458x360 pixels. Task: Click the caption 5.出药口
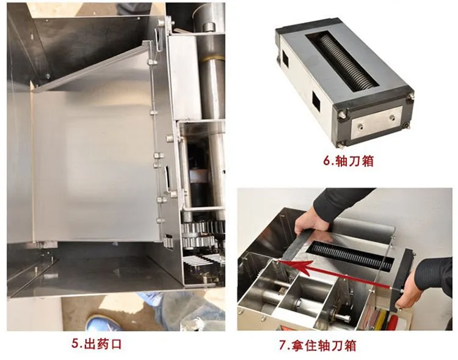[96, 344]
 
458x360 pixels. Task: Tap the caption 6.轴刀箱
[349, 161]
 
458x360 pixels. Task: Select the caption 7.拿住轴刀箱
[318, 345]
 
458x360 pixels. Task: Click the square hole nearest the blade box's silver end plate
[316, 101]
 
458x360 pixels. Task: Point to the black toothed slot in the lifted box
[352, 256]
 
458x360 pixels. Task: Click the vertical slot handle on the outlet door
[167, 178]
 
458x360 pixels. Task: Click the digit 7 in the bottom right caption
[282, 345]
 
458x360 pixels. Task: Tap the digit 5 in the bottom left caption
[75, 344]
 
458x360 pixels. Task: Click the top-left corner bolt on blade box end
[342, 116]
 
